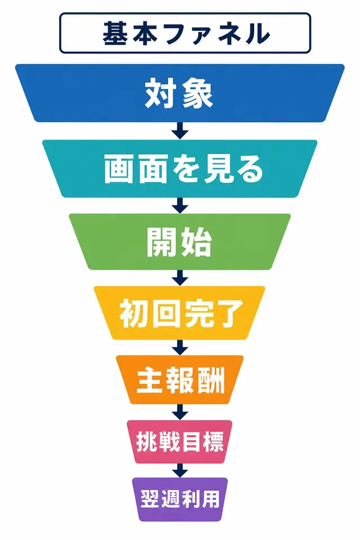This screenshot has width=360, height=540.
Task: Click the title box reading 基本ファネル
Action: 185,33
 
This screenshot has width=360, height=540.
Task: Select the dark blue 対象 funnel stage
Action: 180,93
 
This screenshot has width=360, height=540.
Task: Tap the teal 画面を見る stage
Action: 180,168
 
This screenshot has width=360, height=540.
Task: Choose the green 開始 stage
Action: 180,242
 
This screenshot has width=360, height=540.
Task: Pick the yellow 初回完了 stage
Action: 180,313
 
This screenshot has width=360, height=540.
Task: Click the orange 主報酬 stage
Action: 180,380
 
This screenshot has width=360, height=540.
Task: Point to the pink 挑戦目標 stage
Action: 180,442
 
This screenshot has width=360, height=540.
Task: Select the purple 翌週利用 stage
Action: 180,499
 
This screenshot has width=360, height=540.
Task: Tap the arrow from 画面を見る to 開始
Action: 180,206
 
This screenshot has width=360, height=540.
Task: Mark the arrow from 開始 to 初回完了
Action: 180,278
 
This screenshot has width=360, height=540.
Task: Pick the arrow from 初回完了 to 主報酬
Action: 180,348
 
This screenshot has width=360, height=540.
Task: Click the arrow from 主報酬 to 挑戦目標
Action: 180,412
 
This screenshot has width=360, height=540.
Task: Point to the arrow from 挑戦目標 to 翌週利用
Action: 180,470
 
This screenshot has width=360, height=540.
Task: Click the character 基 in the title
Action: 116,33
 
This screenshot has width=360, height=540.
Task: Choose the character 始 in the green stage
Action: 196,242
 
